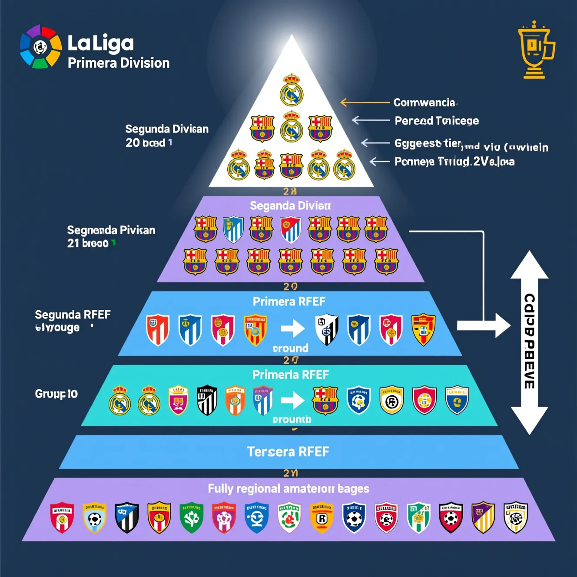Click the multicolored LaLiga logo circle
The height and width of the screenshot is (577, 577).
(x=41, y=46)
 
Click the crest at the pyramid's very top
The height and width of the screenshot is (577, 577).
(x=291, y=90)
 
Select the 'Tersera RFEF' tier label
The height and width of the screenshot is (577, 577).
(x=288, y=452)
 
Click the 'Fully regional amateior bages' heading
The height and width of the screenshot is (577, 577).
(x=288, y=489)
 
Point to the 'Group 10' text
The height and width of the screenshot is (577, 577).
(x=56, y=394)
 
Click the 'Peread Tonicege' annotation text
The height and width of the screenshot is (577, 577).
(x=437, y=121)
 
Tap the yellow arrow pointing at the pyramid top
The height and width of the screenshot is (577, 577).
(x=365, y=103)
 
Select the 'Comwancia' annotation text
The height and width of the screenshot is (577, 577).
(x=424, y=103)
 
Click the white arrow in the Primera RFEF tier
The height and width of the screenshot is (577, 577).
(x=292, y=328)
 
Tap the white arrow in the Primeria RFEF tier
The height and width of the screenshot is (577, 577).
(x=292, y=400)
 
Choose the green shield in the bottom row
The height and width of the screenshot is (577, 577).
(x=192, y=517)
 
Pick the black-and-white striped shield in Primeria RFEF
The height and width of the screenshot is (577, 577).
(x=207, y=400)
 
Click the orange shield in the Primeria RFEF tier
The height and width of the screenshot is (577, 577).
(x=235, y=400)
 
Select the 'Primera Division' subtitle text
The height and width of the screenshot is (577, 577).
(x=119, y=63)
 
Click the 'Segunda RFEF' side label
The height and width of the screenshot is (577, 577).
(x=73, y=315)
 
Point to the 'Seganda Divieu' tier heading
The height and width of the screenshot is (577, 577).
(x=290, y=206)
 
